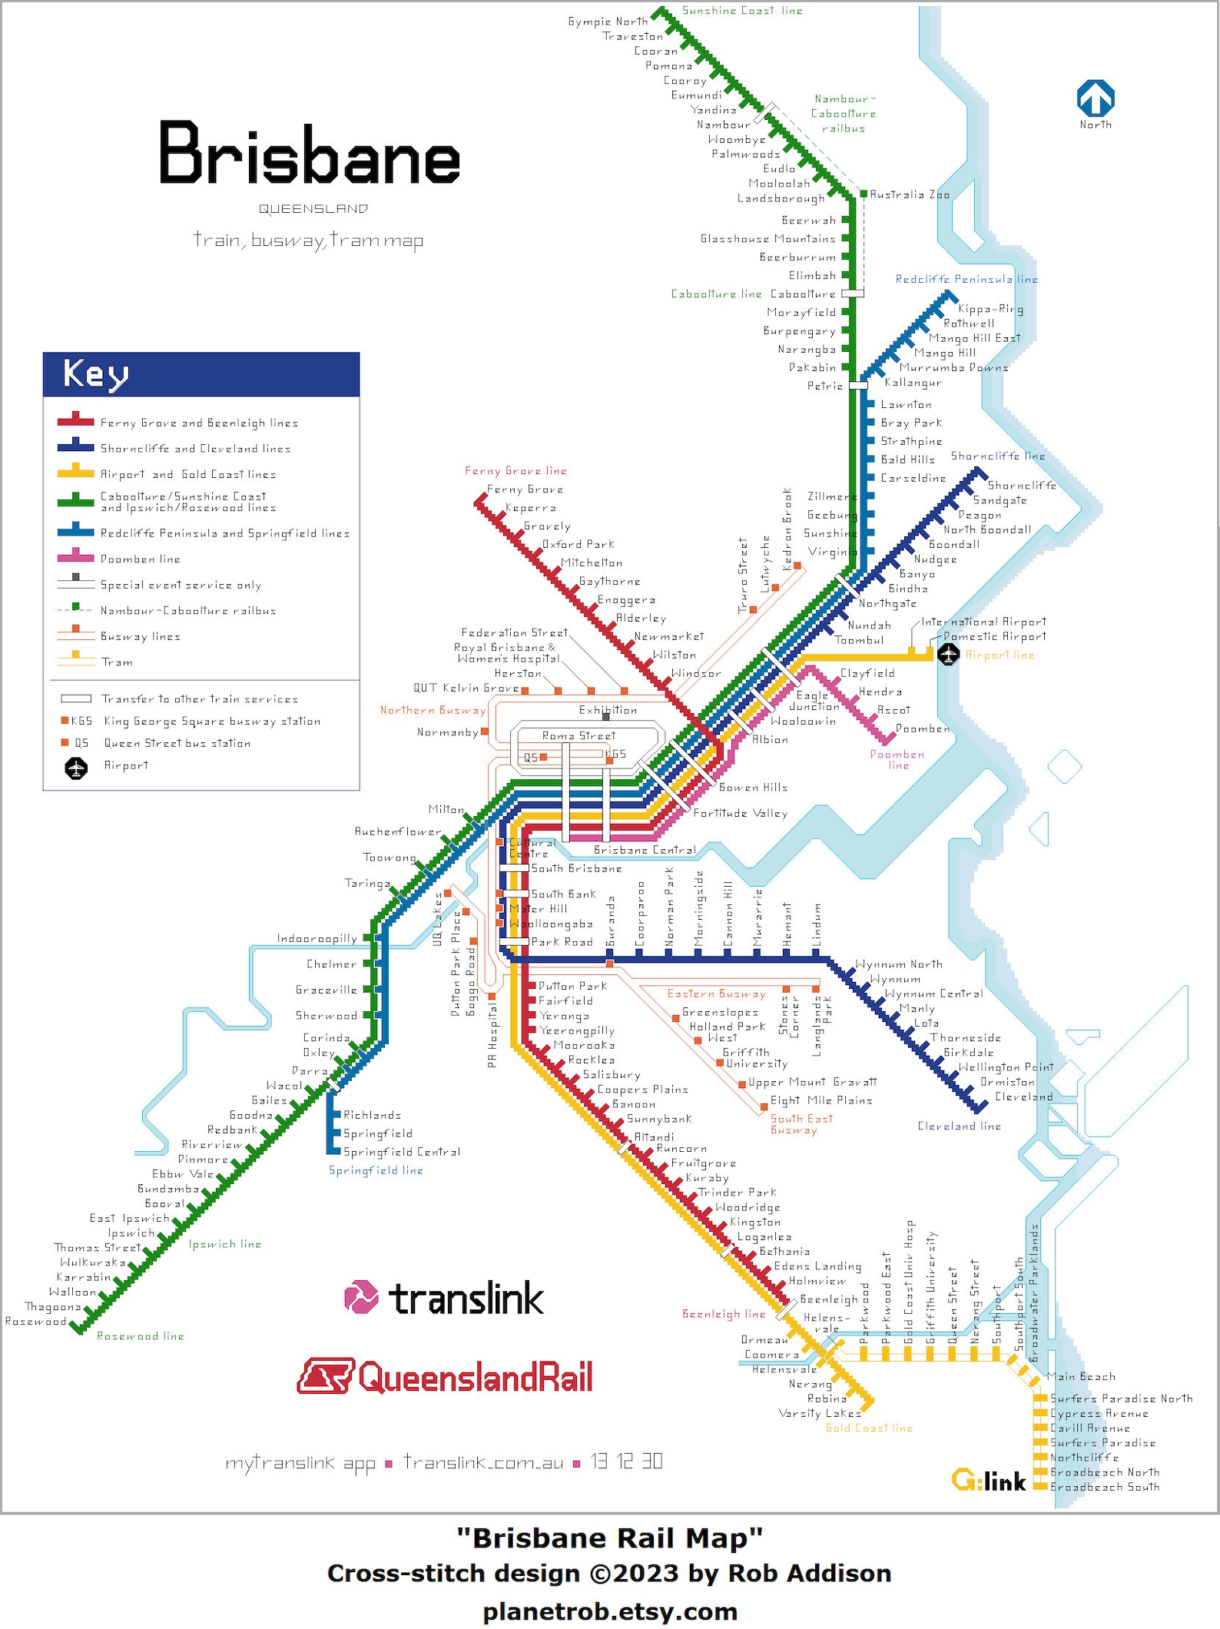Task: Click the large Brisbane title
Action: pos(309,154)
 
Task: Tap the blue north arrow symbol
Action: pos(1096,99)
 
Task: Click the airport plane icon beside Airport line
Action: pos(950,655)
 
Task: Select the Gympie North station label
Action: pos(608,22)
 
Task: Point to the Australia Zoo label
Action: pos(910,194)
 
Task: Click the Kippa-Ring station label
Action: pos(990,309)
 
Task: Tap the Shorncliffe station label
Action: pos(1022,485)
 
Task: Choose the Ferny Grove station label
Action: pos(525,489)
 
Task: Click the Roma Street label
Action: pos(579,735)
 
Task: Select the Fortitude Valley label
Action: pos(741,813)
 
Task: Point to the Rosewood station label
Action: pos(35,1322)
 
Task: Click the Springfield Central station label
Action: pos(402,1152)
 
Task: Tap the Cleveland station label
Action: pos(1023,1097)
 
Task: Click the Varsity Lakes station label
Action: pos(820,1413)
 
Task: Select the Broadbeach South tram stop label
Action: pos(1105,1487)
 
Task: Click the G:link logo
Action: pos(989,1481)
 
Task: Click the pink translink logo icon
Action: pos(361,1297)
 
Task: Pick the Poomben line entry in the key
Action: pos(141,559)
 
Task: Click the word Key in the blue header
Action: pos(96,374)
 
